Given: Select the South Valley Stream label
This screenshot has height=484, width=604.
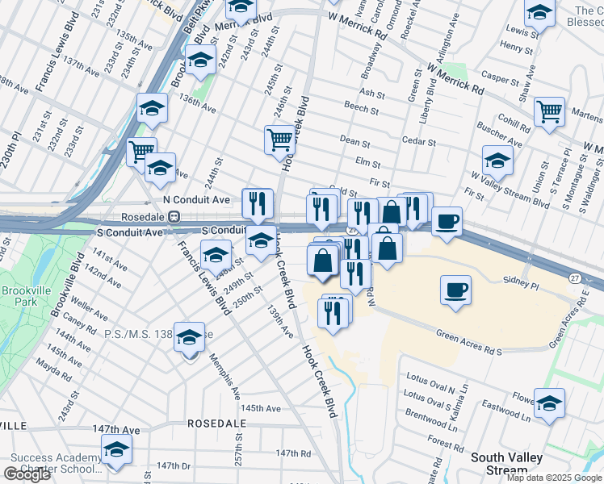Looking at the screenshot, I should tap(510, 464).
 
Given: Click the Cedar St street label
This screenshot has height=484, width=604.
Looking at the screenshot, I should tap(419, 142).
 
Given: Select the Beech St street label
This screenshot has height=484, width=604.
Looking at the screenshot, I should tap(355, 106).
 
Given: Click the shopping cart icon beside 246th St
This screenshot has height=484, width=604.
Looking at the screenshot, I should tap(279, 139).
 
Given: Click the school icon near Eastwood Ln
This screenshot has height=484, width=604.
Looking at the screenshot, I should tap(549, 403).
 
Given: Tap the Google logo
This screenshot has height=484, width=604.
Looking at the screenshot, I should tap(27, 474).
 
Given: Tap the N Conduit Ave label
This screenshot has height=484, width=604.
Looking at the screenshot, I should tap(196, 199).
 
